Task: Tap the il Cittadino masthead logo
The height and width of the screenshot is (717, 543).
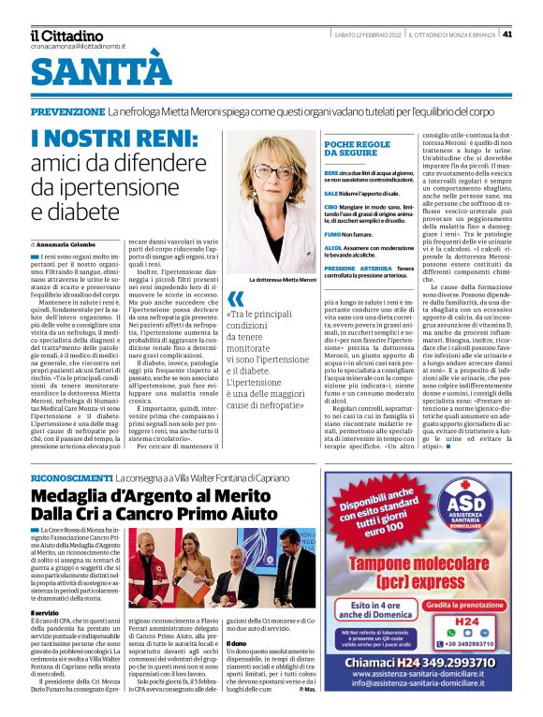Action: click(66, 36)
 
